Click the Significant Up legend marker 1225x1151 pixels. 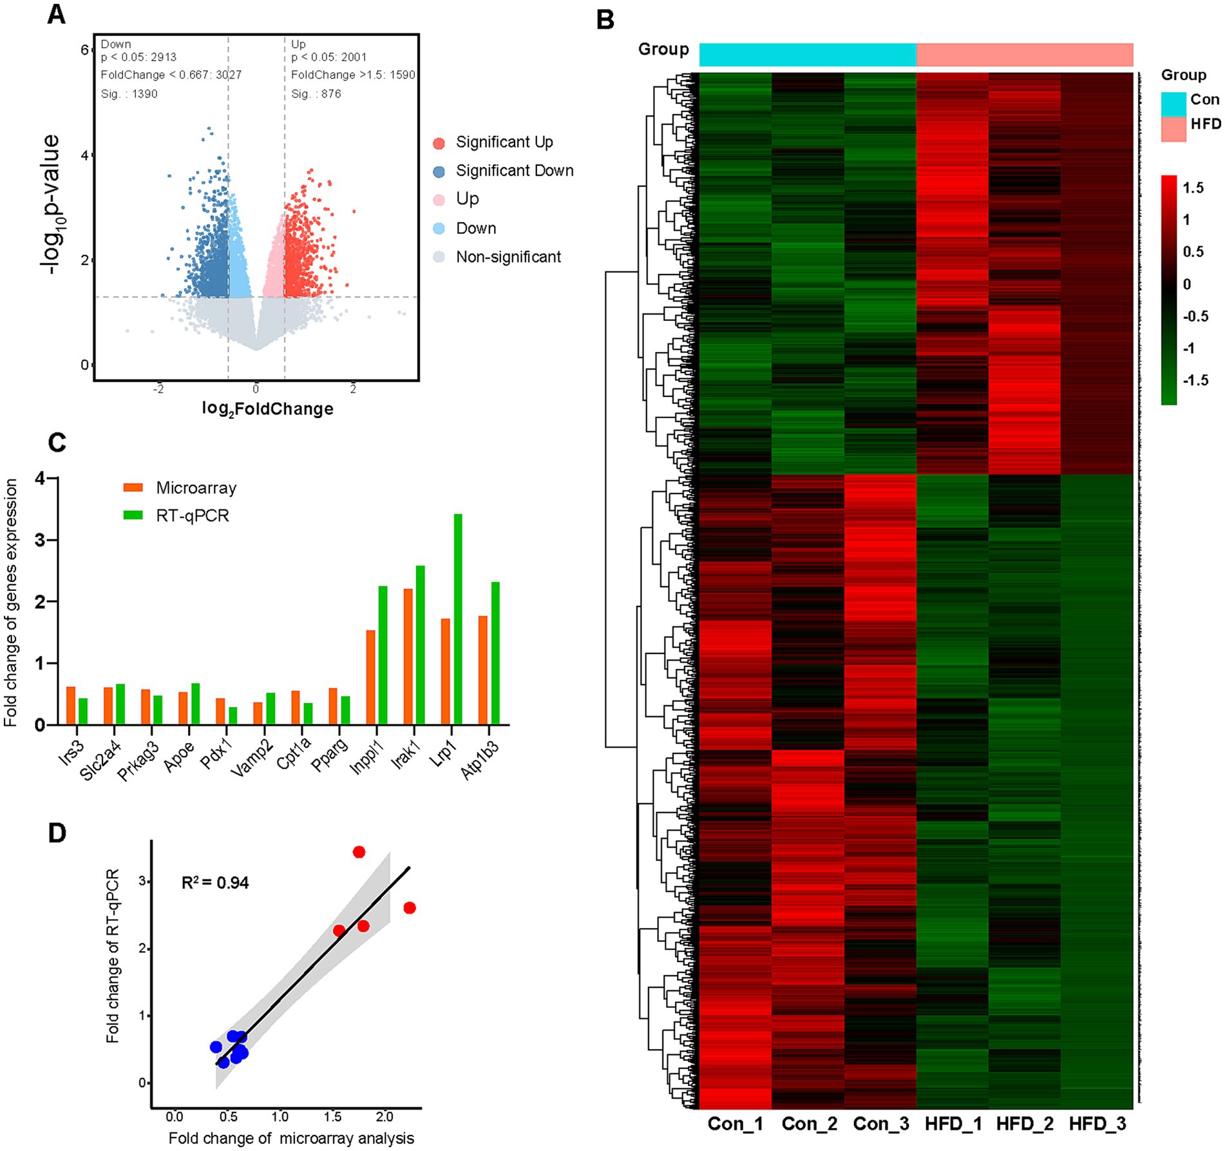439,143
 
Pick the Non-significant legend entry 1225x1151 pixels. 508,257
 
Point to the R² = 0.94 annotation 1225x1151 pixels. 215,882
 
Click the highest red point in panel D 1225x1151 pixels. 359,852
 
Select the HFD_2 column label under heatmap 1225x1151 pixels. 1025,1124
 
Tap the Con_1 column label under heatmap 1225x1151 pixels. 735,1124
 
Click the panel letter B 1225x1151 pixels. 605,20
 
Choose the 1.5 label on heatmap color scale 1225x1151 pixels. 1193,188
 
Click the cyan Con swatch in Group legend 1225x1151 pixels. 1173,103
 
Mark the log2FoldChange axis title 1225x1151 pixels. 267,409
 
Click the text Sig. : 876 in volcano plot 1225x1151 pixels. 316,94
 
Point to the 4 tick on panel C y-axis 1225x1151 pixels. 41,478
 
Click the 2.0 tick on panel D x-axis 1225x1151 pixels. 384,1117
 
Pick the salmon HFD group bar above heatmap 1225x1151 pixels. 1024,55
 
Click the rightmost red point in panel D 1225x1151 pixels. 410,908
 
